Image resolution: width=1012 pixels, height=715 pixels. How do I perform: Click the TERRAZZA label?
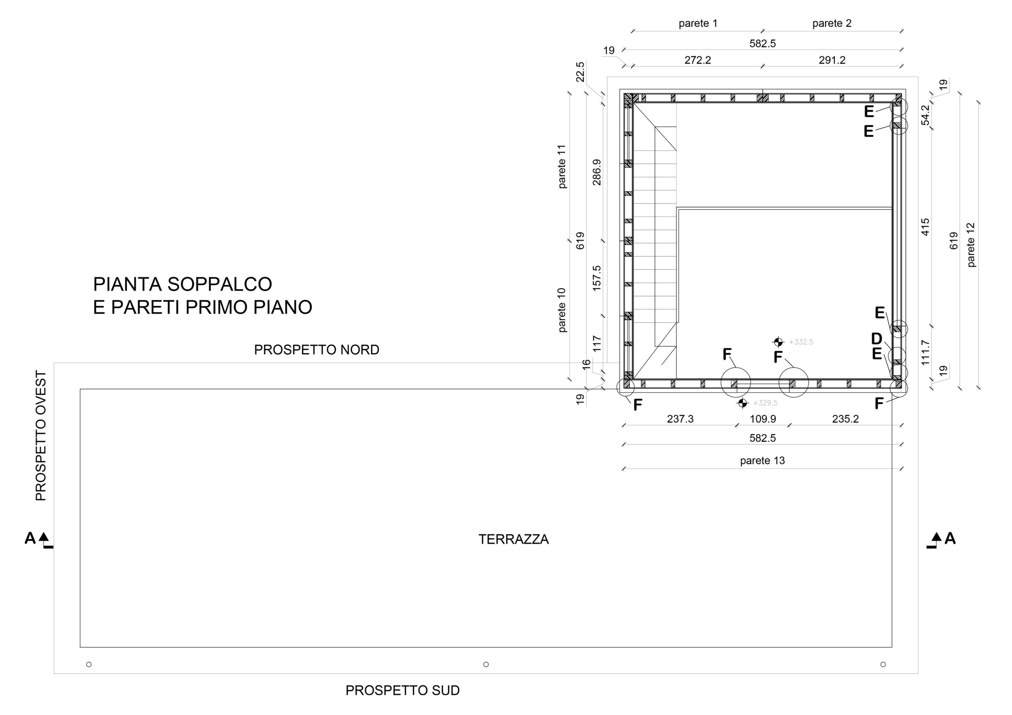pos(514,539)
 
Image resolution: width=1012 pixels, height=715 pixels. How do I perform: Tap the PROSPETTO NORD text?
pos(317,350)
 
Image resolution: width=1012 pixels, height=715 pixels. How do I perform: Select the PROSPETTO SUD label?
pos(402,691)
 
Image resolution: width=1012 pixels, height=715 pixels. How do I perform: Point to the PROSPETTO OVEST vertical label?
pos(41,436)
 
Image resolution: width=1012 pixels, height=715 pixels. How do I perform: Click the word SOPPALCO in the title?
pos(219,284)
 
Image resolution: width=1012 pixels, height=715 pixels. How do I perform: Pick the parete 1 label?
pos(698,23)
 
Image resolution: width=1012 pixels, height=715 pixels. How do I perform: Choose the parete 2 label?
pos(832,23)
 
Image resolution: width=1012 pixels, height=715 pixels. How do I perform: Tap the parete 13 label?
pos(763,461)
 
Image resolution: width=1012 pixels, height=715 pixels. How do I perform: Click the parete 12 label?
pos(971,245)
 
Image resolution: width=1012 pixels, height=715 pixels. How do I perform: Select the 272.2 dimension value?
pos(698,60)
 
